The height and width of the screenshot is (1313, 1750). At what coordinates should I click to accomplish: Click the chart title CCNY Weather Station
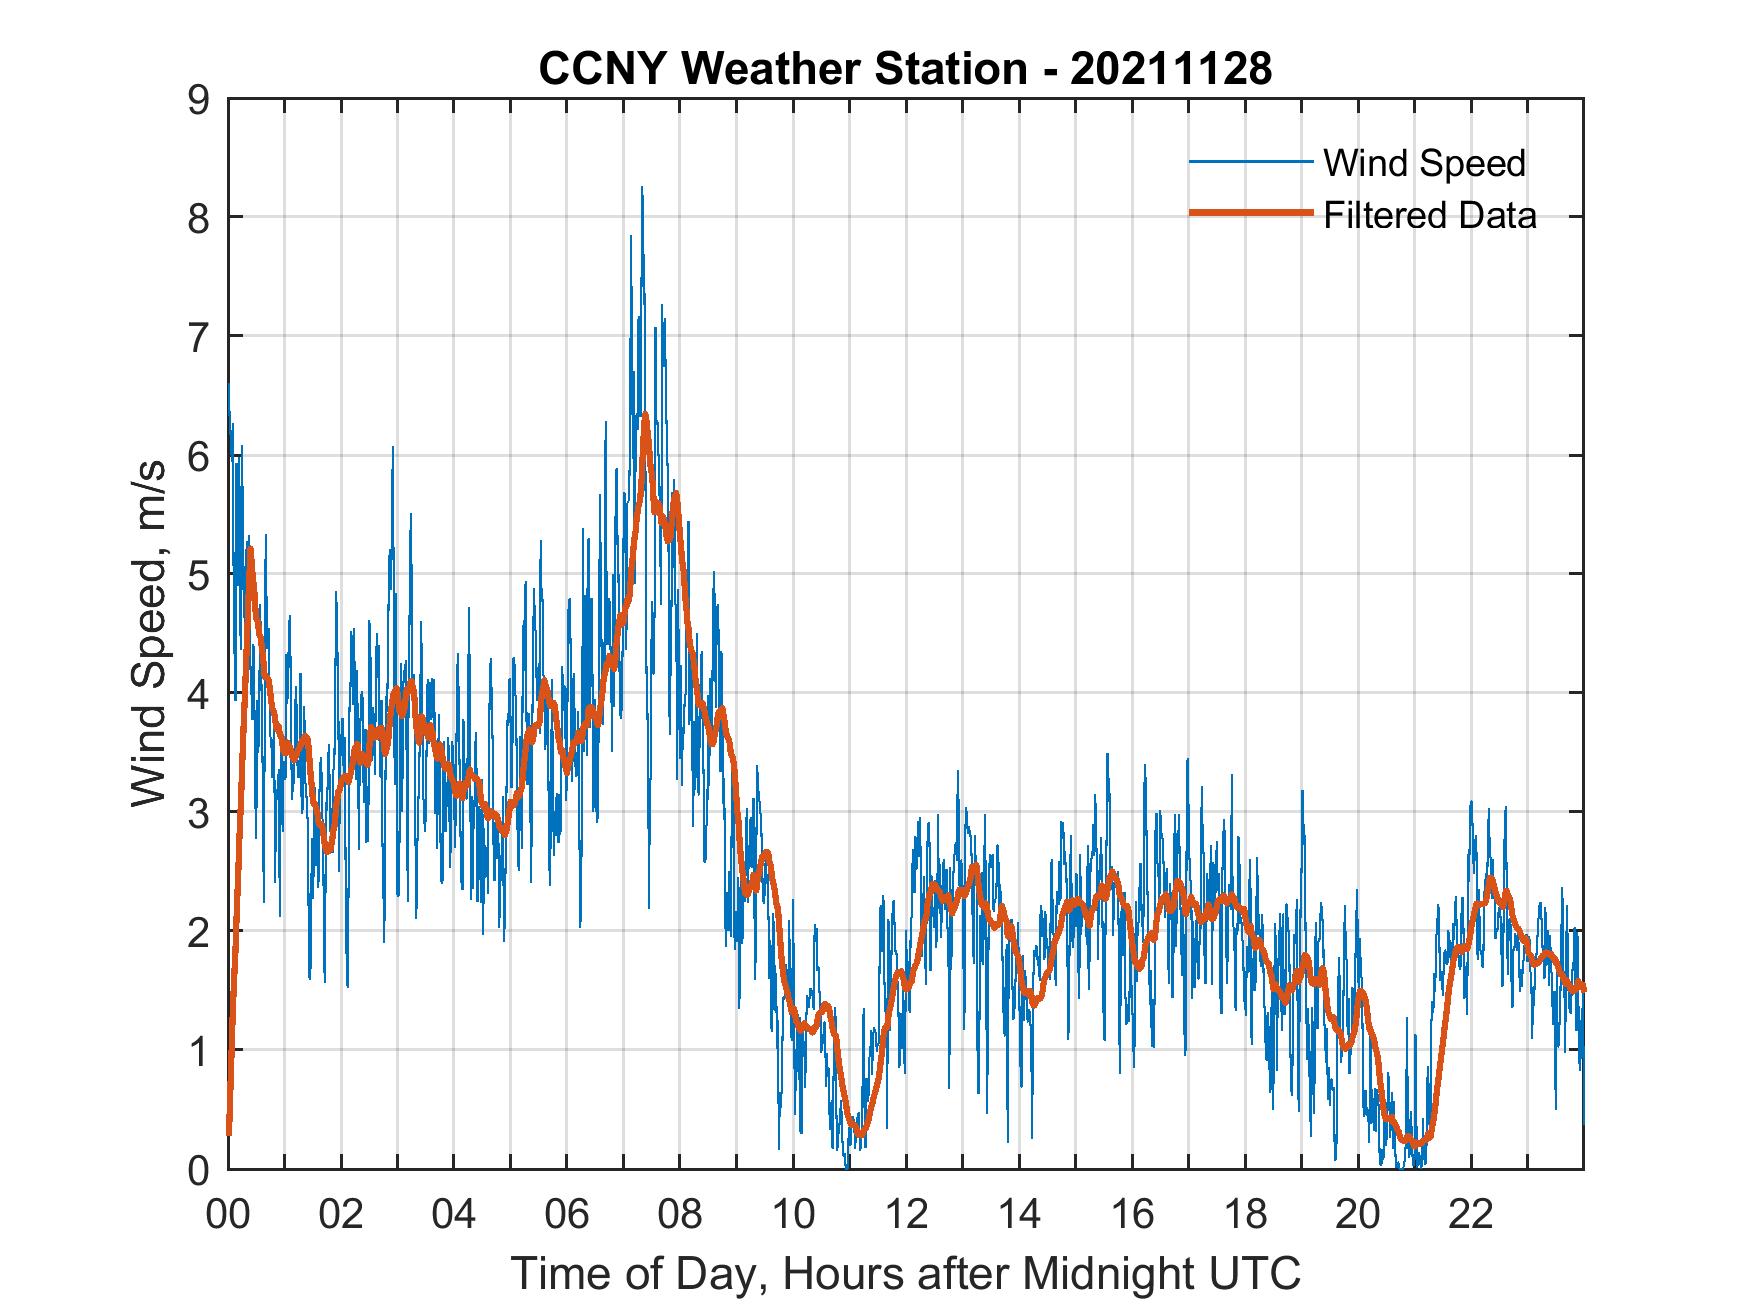[783, 68]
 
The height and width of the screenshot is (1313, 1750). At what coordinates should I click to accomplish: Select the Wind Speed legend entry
[1424, 163]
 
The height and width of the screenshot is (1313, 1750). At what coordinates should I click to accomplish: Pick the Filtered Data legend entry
[1429, 215]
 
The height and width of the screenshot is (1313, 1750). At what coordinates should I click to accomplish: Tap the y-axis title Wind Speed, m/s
[149, 634]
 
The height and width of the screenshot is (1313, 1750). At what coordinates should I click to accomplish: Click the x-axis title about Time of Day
[905, 1274]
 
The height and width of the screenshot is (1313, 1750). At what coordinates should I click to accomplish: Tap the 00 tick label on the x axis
[228, 1214]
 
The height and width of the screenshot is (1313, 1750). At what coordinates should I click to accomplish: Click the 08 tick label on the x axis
[680, 1214]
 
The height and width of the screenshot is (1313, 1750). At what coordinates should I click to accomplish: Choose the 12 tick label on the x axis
[906, 1214]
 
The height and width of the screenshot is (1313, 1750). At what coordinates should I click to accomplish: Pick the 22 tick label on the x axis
[1471, 1214]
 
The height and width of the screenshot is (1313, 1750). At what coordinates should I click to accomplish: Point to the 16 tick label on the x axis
[1132, 1214]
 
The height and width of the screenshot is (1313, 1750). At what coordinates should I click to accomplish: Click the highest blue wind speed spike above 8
[642, 189]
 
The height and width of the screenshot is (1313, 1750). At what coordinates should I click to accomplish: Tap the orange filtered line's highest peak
[646, 415]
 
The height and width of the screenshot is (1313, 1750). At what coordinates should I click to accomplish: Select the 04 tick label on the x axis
[454, 1214]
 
